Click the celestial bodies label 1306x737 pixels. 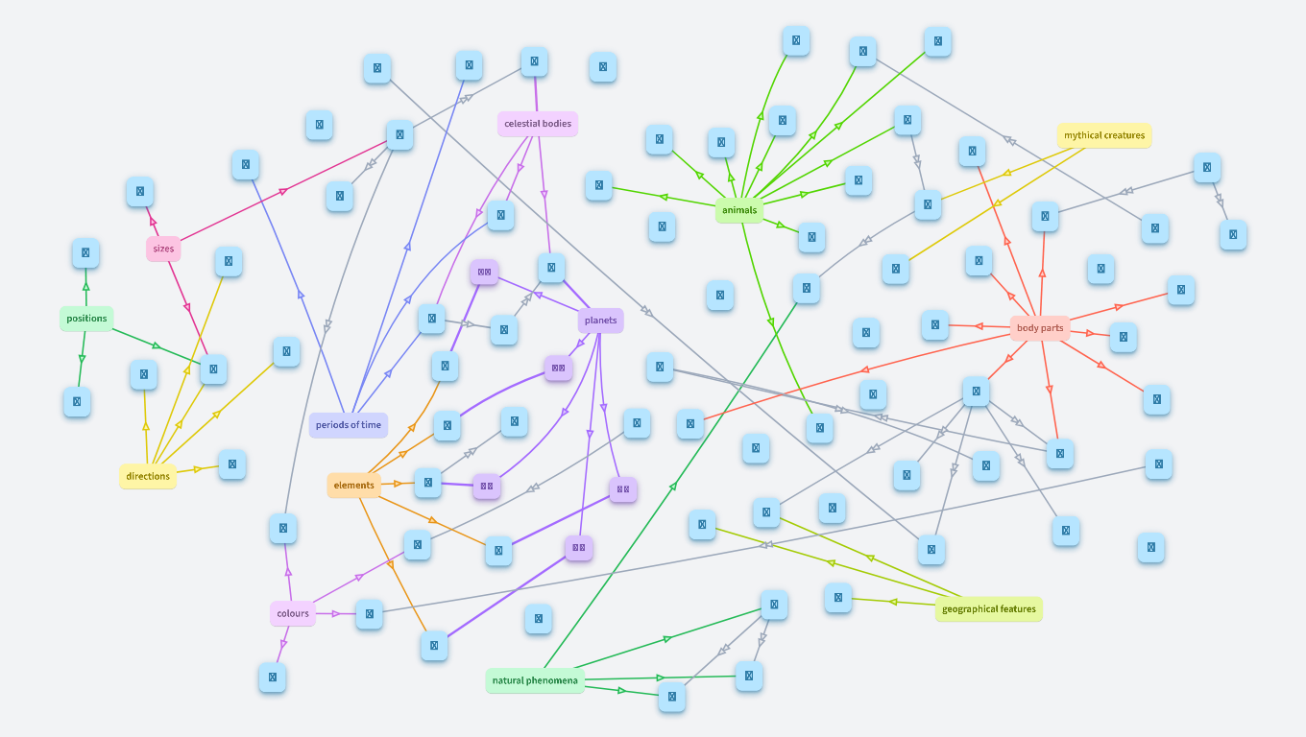(538, 123)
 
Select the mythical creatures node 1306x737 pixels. (1104, 135)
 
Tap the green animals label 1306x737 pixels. (739, 210)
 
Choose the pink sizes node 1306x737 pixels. (164, 249)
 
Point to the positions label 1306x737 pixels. (86, 319)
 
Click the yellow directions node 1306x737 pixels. (148, 476)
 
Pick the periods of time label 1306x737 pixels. (349, 424)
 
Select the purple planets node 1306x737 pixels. (601, 321)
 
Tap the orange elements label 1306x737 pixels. (354, 486)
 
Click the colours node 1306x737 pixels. (293, 613)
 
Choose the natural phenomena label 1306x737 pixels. (535, 681)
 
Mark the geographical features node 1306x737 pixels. (988, 609)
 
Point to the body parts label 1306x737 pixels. (1040, 328)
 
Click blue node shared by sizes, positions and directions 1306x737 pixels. (213, 369)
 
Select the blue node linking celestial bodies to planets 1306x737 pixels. (551, 268)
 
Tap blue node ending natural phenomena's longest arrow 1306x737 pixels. (806, 288)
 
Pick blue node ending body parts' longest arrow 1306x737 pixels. (690, 423)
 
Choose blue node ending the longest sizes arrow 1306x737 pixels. (399, 135)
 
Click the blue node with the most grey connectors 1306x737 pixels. (976, 392)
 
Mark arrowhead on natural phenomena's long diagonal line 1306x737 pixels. (673, 487)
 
